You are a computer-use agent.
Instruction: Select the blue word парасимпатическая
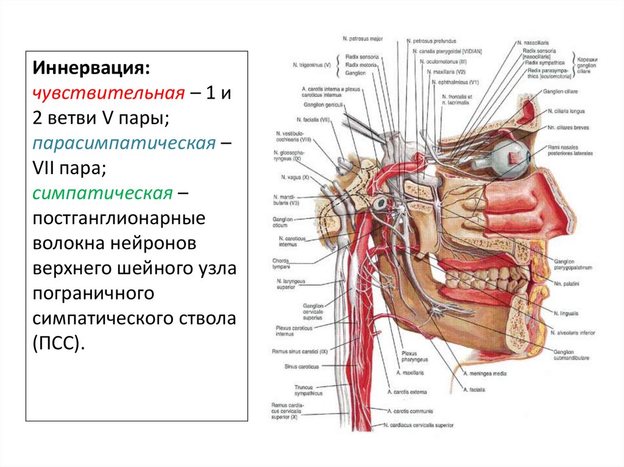(x=124, y=144)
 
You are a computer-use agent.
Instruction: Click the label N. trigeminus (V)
(x=311, y=64)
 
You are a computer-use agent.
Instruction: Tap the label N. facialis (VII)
(x=313, y=120)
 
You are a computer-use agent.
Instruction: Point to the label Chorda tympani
(x=282, y=263)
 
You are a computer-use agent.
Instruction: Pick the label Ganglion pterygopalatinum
(x=573, y=264)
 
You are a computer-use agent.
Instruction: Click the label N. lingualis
(x=567, y=312)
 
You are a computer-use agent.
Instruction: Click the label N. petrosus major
(x=363, y=39)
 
